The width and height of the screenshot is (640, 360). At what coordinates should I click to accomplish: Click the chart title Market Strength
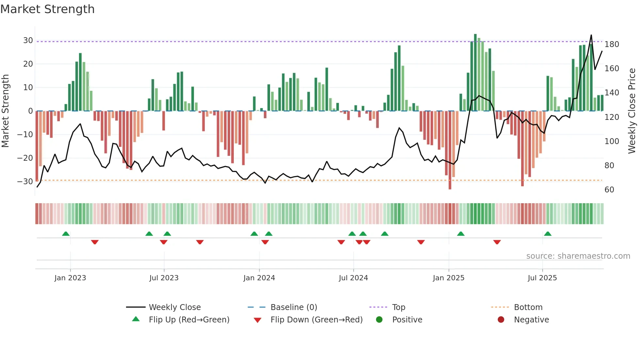48,9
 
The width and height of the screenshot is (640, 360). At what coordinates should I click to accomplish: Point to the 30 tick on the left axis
28,41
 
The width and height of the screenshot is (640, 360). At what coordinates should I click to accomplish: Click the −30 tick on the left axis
25,182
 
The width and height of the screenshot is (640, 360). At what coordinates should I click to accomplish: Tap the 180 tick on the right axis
612,44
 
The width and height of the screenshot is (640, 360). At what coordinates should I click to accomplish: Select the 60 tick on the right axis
609,190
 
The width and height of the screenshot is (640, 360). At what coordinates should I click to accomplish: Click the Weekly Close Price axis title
632,111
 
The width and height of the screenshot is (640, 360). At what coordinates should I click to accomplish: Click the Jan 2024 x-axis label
259,278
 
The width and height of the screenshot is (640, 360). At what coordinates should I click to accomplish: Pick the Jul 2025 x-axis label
542,278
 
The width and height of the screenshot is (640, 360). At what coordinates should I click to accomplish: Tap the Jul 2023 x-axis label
164,278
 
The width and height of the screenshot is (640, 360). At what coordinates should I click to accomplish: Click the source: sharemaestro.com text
578,256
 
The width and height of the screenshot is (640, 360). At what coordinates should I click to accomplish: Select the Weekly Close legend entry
175,307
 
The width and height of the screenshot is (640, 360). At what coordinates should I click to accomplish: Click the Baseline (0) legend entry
294,307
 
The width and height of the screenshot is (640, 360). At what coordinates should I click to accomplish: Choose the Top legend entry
398,307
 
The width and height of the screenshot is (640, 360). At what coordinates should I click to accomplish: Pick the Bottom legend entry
528,307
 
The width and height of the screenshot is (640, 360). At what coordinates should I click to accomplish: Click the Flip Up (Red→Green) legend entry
189,320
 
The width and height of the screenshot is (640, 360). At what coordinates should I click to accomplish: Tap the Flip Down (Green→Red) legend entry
316,320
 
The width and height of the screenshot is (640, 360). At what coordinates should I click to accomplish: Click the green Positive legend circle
379,320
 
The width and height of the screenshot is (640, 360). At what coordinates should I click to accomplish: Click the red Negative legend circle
501,320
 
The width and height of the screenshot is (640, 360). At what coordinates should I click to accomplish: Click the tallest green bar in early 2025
475,72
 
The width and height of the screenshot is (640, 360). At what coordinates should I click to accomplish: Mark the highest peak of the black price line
591,35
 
